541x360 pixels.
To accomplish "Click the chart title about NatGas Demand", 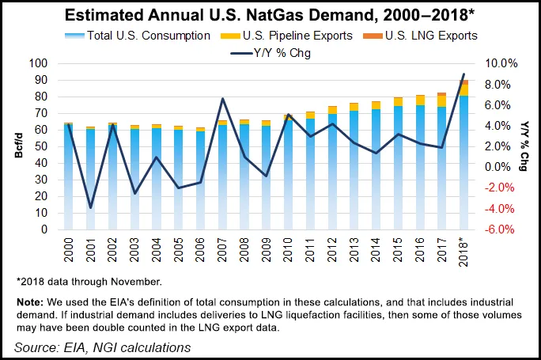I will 269,15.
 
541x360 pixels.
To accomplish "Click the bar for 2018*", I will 464,158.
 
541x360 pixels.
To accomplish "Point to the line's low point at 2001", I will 91,208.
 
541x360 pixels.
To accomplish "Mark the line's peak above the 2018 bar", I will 464,74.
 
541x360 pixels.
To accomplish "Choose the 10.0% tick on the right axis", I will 501,63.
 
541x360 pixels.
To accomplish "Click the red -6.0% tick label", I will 501,229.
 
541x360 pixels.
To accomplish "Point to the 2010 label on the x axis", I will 289,248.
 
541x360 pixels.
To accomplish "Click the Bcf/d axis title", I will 17,146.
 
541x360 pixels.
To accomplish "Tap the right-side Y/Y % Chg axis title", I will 524,146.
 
